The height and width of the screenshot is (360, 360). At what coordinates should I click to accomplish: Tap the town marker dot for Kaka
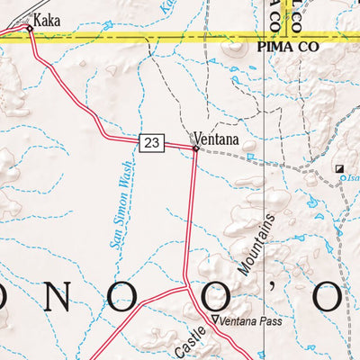point(30,29)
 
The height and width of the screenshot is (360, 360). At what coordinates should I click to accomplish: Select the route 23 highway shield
point(152,140)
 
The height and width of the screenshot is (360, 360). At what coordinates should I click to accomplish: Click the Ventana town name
point(216,139)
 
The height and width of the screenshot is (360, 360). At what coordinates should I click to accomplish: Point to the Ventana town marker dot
point(195,148)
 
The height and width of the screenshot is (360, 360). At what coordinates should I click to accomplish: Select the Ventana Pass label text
point(246,320)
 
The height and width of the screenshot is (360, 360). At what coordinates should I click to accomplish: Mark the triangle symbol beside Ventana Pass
point(214,320)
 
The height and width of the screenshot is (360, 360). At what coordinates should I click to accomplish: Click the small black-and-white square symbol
point(340,168)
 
